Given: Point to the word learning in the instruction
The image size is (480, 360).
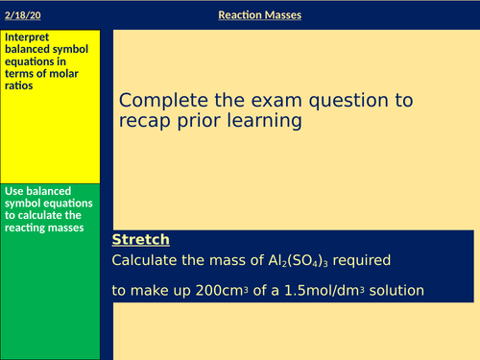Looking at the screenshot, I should (x=269, y=122).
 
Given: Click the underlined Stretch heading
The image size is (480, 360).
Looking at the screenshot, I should (x=140, y=239).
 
